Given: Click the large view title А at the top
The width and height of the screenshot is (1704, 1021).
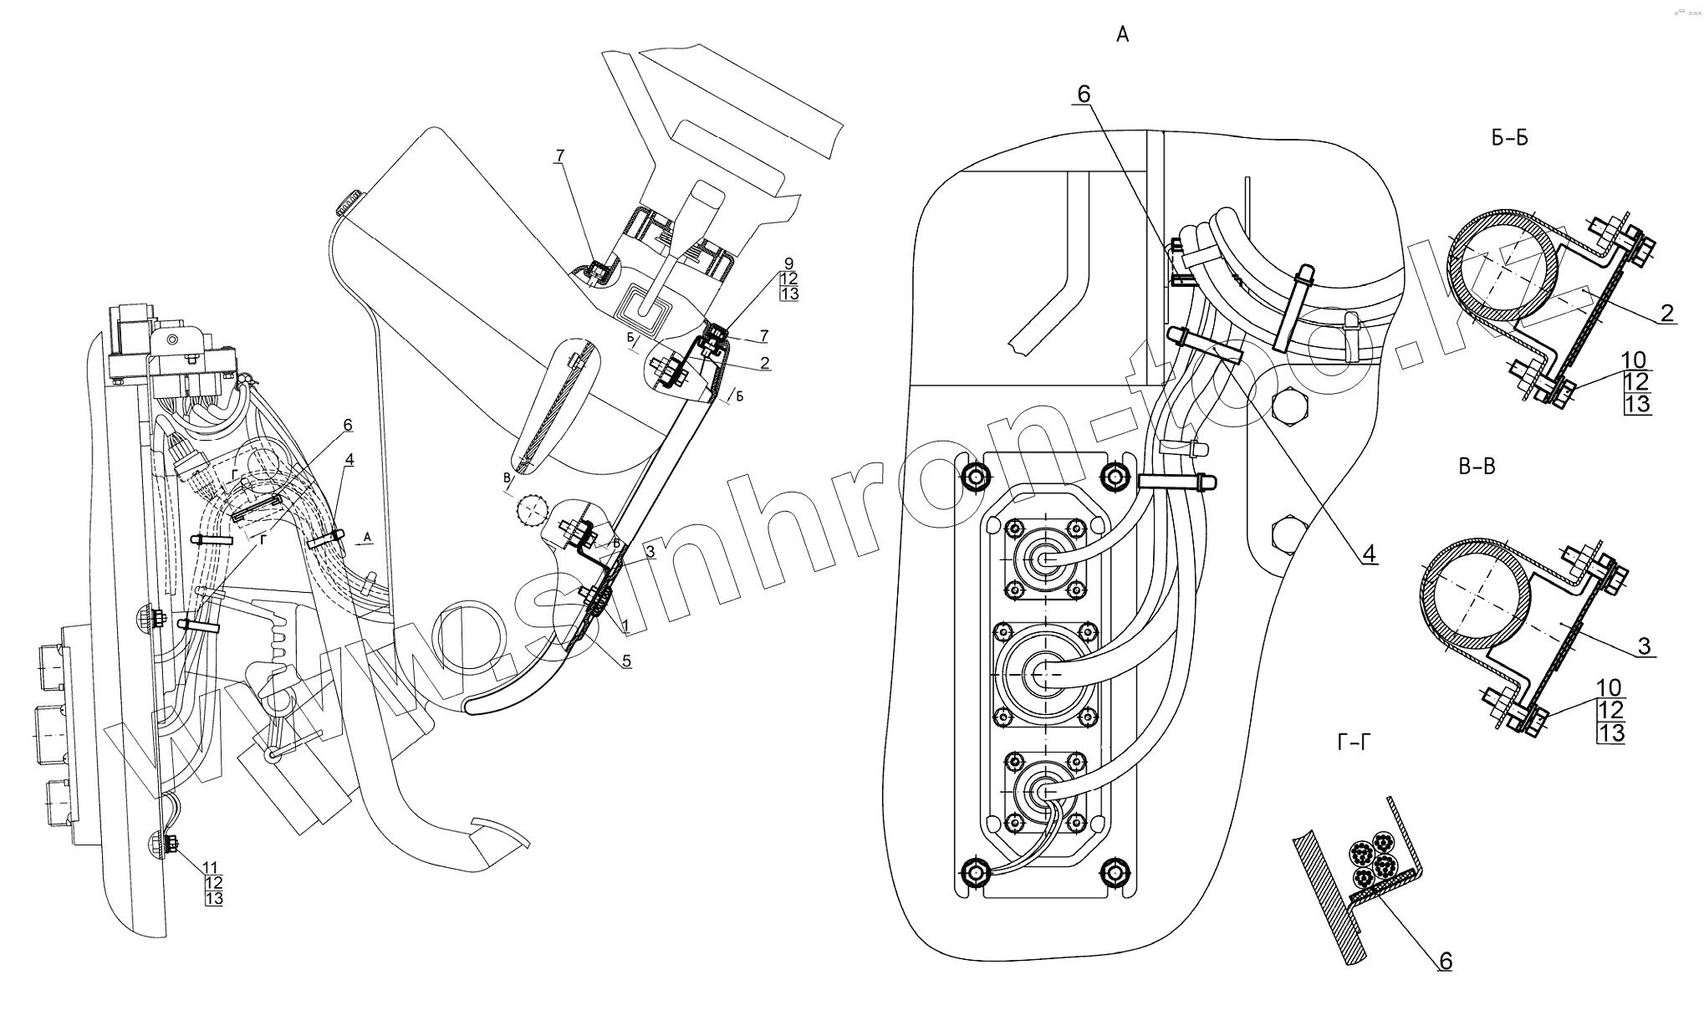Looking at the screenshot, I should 1122,34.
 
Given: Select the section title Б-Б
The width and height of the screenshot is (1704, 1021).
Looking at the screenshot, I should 1509,139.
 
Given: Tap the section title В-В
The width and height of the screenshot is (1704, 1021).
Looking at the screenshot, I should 1477,467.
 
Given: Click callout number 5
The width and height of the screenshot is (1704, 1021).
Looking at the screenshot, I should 626,661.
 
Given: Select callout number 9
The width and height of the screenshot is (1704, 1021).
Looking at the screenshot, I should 789,263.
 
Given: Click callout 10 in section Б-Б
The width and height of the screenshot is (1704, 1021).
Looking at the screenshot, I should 1634,360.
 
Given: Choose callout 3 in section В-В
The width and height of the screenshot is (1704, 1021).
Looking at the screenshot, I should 1644,645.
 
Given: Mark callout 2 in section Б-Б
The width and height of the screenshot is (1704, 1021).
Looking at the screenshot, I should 1666,313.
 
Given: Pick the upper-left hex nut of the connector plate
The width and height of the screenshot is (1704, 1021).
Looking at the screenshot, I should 975,477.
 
